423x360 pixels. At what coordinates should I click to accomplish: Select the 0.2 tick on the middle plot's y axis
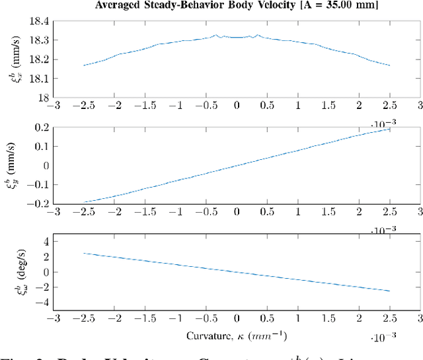41,127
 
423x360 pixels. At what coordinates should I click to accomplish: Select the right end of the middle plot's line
389,128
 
